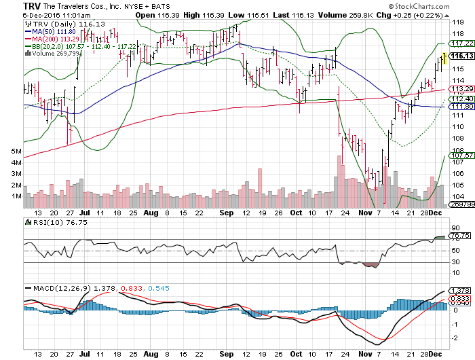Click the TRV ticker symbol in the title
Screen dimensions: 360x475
tap(13, 5)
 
